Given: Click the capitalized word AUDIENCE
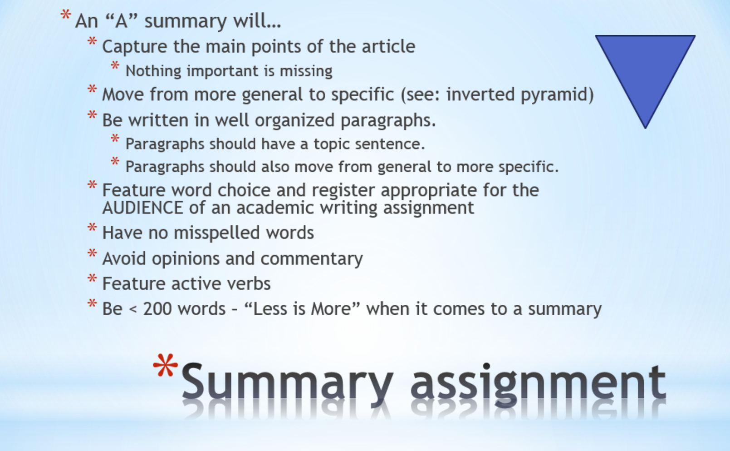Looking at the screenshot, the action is tap(143, 208).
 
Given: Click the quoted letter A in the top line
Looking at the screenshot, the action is tap(121, 21).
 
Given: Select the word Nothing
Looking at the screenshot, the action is tap(153, 71).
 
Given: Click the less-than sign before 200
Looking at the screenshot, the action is tap(132, 309).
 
